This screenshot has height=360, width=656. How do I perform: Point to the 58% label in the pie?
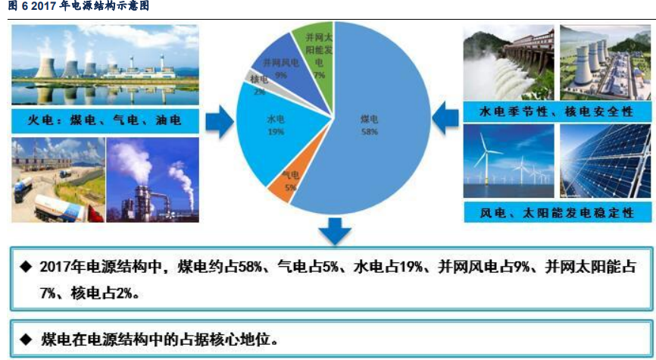pyautogui.click(x=370, y=131)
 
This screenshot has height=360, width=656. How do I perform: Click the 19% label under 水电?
pyautogui.click(x=276, y=131)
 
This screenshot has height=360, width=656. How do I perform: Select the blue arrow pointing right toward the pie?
pyautogui.click(x=220, y=121)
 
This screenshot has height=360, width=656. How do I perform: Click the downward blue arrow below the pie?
pyautogui.click(x=335, y=231)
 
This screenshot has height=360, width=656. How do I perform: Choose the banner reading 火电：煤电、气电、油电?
pyautogui.click(x=105, y=121)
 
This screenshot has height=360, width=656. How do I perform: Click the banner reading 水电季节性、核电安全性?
pyautogui.click(x=557, y=111)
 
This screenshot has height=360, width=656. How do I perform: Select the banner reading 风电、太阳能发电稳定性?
pyautogui.click(x=558, y=212)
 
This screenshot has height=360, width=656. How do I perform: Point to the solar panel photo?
pyautogui.click(x=605, y=161)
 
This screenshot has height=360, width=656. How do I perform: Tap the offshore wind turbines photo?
pyautogui.click(x=509, y=161)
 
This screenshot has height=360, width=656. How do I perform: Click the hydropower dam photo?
pyautogui.click(x=509, y=62)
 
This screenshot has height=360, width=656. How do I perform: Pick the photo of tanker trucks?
pyautogui.click(x=58, y=180)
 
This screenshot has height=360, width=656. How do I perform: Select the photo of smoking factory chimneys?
pyautogui.click(x=153, y=180)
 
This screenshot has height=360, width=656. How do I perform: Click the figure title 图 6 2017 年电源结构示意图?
pyautogui.click(x=78, y=6)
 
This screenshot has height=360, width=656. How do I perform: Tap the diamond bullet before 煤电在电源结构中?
pyautogui.click(x=26, y=339)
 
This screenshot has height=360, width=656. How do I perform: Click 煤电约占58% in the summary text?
pyautogui.click(x=220, y=267)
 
